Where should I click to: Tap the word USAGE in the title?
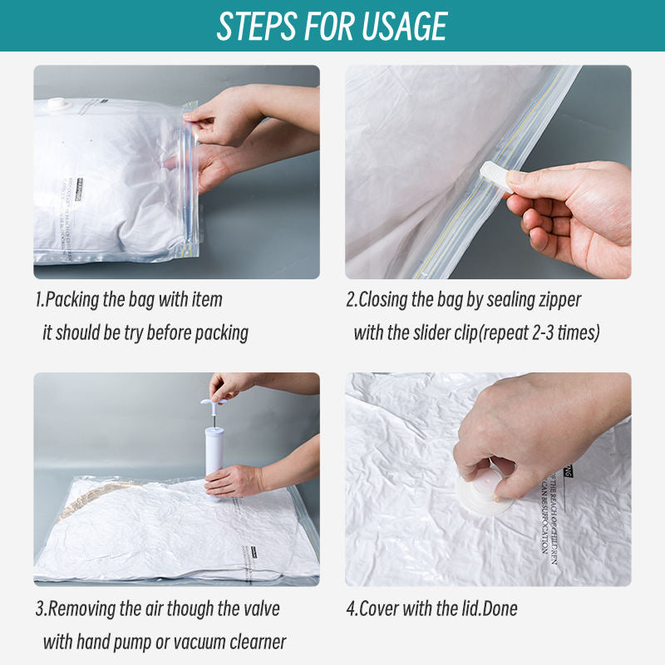tap(402, 27)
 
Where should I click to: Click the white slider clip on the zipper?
tap(496, 176)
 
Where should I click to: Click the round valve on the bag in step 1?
tap(58, 106)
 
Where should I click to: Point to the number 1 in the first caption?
tap(38, 299)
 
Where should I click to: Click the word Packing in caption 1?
tap(73, 299)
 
